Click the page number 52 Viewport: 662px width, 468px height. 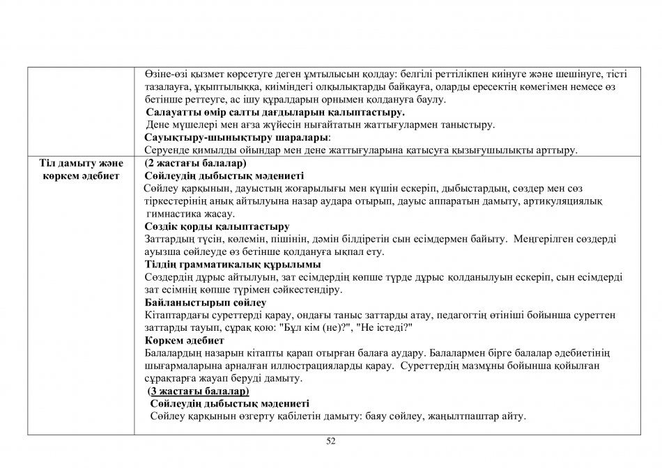[x=331, y=441]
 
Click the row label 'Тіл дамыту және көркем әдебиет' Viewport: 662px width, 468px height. [x=81, y=169]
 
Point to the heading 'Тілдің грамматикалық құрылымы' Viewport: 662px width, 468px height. [x=232, y=265]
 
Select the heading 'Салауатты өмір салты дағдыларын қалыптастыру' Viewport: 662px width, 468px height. [x=275, y=112]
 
